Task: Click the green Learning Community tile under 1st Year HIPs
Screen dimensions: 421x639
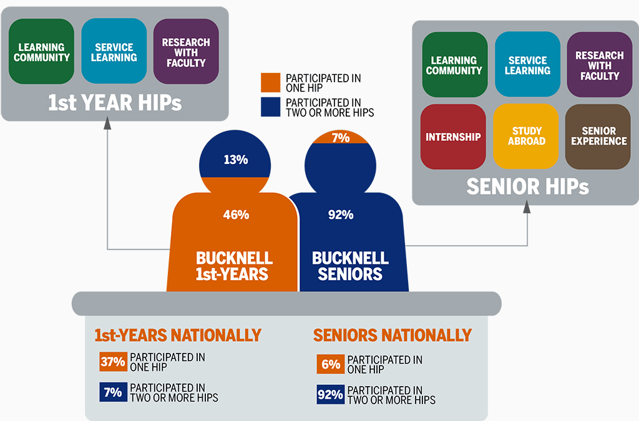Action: coord(42,52)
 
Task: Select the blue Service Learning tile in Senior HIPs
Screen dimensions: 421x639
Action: coord(527,65)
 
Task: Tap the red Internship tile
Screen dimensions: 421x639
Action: coord(452,137)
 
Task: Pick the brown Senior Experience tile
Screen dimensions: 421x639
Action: coord(598,136)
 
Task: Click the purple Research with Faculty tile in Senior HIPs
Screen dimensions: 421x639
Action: coord(598,65)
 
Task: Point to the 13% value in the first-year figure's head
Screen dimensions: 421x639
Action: coord(236,160)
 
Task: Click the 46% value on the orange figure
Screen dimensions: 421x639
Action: coord(236,215)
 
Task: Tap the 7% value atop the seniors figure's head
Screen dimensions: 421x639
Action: coord(341,138)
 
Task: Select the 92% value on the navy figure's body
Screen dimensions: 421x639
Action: coord(341,215)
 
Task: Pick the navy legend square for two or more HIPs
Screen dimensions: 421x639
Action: coord(271,107)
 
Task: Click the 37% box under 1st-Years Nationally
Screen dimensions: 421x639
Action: coord(113,362)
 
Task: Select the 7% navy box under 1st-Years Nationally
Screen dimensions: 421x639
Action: coord(113,392)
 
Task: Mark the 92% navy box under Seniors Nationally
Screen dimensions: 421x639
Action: coord(330,394)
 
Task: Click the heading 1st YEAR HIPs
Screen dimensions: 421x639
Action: coord(115,103)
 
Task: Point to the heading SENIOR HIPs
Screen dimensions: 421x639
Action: coord(527,186)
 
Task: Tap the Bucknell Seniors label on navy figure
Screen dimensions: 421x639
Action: coord(350,266)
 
